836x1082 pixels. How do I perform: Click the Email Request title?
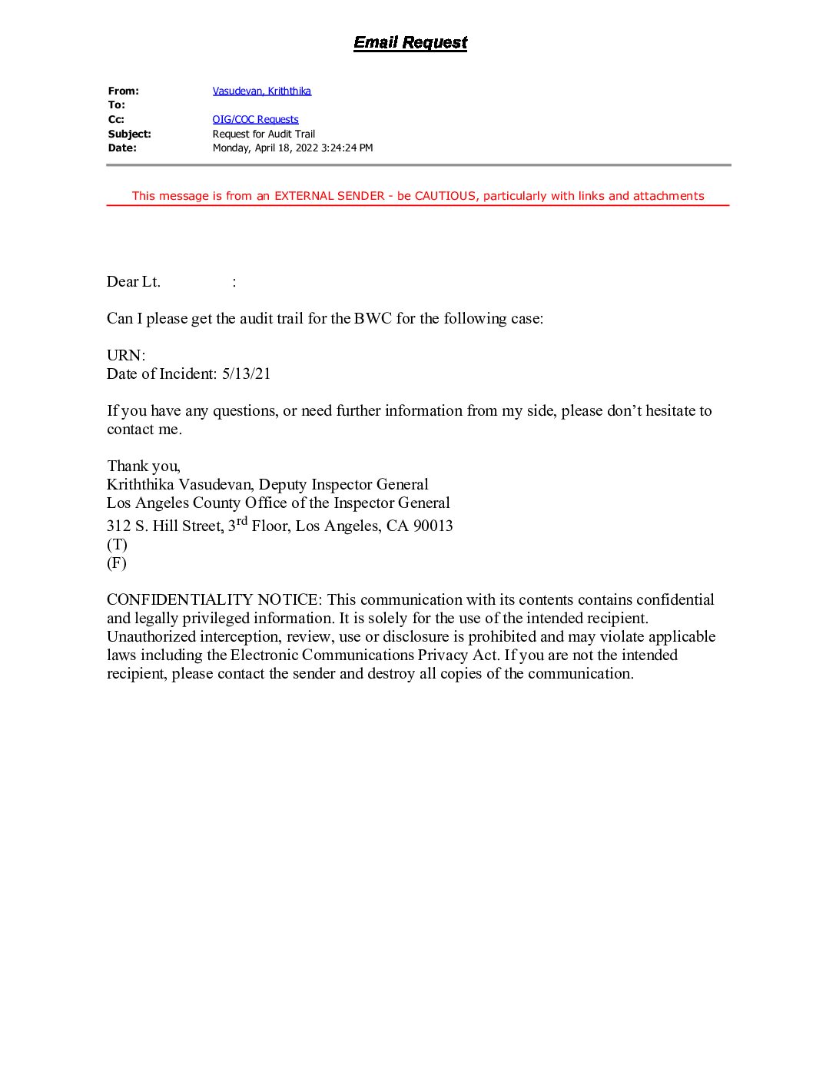tap(410, 43)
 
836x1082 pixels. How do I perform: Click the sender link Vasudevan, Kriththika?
tap(261, 91)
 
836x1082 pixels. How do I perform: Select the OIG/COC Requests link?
tap(255, 119)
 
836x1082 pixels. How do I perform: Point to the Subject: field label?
tap(129, 134)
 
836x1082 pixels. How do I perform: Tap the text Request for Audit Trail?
tap(264, 134)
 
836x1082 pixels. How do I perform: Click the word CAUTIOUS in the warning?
tap(445, 196)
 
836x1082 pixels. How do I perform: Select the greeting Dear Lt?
tap(134, 282)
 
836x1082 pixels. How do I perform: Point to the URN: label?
tap(126, 356)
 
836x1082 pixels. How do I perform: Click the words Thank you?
tap(144, 466)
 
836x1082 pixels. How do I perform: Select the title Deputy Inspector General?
tap(343, 485)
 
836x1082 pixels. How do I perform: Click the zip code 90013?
tap(433, 526)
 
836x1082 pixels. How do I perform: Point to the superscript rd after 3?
tap(241, 521)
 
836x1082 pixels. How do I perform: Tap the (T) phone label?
tap(117, 545)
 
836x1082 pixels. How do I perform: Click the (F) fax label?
tap(117, 563)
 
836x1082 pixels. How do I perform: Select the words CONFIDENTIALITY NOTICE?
tap(213, 600)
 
